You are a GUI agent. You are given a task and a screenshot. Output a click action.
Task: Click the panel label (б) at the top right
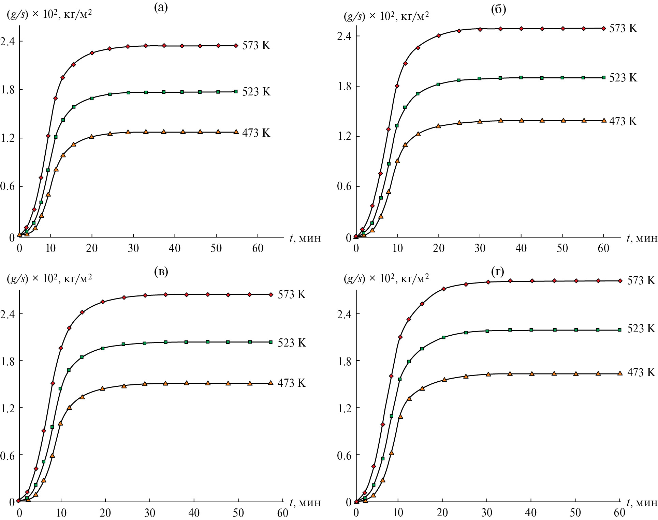(x=498, y=9)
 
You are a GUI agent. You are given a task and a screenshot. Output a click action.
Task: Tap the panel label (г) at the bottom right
(x=497, y=272)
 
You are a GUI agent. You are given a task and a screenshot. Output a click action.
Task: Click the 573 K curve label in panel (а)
(x=256, y=45)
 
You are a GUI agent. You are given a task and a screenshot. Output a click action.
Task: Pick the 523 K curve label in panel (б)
(x=623, y=78)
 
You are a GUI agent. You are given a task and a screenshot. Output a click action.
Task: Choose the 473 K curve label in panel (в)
(x=292, y=383)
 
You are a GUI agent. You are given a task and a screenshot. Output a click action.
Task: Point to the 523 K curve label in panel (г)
(x=641, y=328)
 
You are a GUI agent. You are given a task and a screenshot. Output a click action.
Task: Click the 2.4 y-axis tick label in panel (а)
(x=8, y=41)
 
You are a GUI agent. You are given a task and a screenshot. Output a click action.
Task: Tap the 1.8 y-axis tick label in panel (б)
(x=344, y=86)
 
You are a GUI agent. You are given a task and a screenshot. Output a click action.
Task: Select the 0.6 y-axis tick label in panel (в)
(x=8, y=455)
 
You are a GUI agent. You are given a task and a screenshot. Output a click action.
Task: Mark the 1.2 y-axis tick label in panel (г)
(x=344, y=408)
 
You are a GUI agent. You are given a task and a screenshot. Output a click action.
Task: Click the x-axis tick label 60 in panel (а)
(x=258, y=248)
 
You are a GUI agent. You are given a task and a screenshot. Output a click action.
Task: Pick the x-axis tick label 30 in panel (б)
(x=480, y=248)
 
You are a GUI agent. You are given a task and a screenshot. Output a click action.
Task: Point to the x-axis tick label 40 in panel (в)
(x=194, y=513)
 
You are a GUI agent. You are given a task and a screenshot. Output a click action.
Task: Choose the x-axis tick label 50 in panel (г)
(x=575, y=513)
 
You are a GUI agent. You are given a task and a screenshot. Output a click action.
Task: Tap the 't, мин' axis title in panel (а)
(x=305, y=238)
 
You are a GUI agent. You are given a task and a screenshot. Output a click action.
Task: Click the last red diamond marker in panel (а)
(x=236, y=46)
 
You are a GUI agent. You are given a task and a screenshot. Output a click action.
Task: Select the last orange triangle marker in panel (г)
(x=620, y=373)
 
